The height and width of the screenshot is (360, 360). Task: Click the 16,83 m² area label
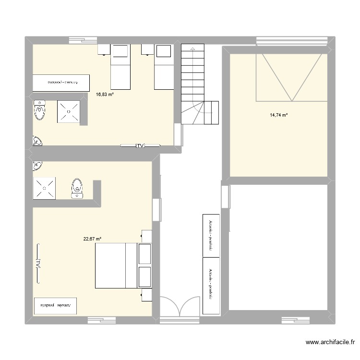coord(105,95)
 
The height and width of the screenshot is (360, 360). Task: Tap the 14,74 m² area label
coord(278,115)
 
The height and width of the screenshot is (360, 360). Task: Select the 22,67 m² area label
coord(92,239)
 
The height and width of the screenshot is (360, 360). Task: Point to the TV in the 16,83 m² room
coord(140,145)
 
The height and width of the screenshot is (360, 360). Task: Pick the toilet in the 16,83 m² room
coord(39,111)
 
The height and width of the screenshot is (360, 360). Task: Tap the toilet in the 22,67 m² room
coord(76,188)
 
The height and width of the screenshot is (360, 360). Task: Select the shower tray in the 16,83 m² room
coord(69,112)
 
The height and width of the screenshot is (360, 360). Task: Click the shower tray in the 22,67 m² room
coord(44,188)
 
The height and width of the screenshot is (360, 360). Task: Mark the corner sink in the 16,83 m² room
coord(36,141)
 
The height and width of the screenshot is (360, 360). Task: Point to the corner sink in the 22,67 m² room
coord(36,166)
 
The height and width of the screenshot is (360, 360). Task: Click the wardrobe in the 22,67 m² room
coord(55,305)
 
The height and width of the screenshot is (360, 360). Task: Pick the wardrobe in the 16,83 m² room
coord(61,82)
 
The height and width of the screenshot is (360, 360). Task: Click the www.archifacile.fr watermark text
coord(330,343)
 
